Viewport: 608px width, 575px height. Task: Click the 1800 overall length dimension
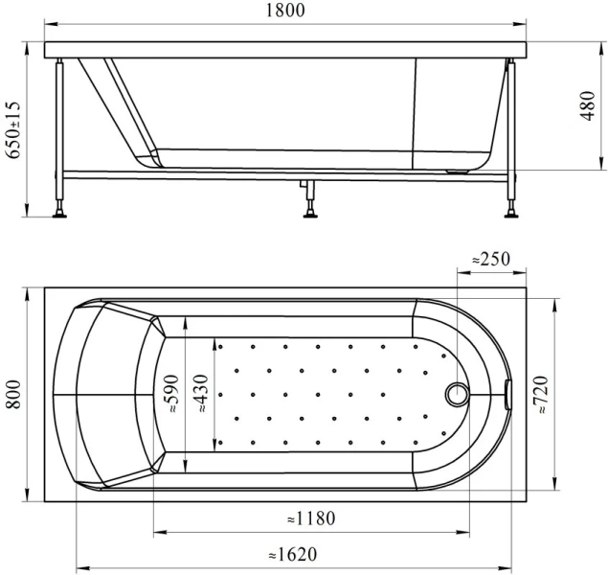coord(286,11)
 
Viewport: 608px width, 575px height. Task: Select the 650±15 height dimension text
coord(11,131)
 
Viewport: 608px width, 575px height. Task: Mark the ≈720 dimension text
coord(543,393)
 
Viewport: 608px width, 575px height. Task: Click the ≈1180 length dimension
coord(311,518)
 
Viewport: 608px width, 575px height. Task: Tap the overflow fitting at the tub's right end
coord(507,393)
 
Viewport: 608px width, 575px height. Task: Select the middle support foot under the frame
coord(311,209)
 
